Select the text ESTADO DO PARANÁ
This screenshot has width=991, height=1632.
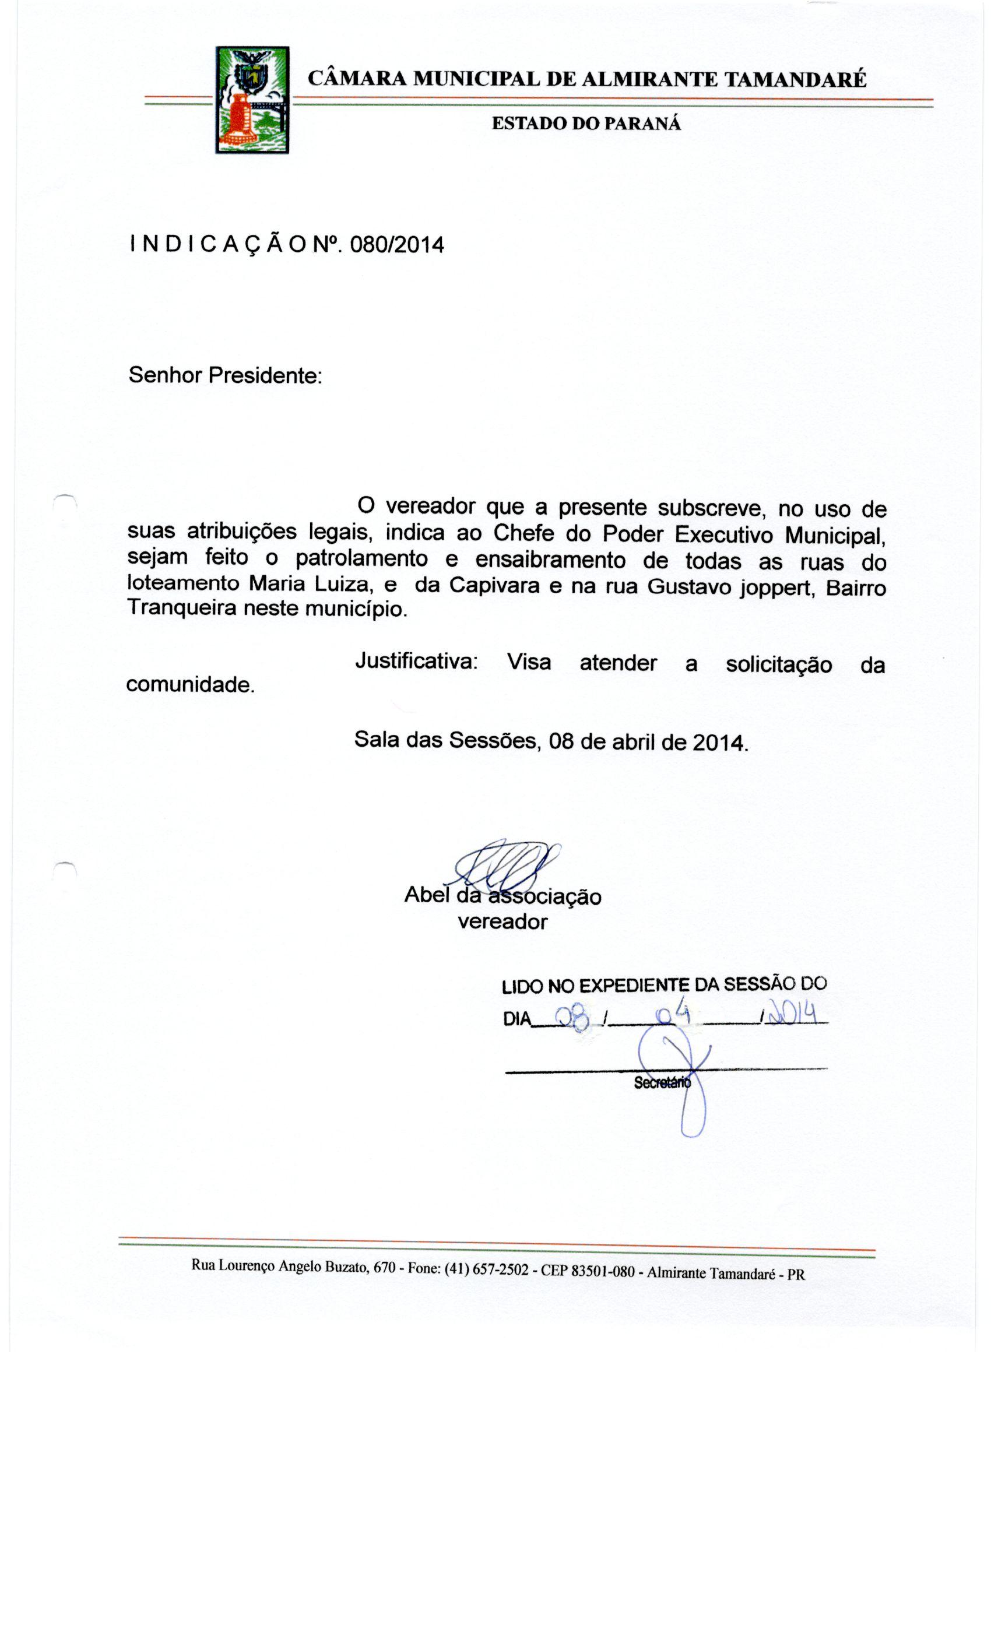[586, 124]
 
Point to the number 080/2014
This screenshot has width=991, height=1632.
[396, 245]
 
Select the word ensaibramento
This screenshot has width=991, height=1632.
[550, 560]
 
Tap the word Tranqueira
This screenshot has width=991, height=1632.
[181, 608]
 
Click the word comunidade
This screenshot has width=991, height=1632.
[190, 684]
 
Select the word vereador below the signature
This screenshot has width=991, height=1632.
[502, 921]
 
